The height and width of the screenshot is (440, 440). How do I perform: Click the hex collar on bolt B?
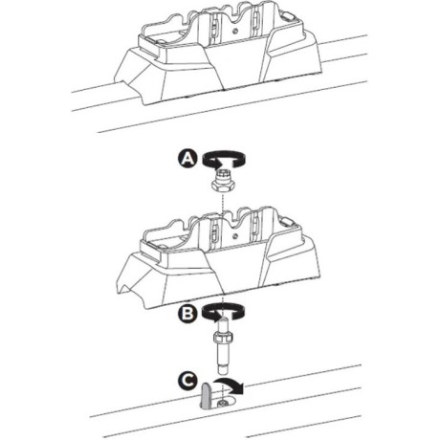click(225, 337)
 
